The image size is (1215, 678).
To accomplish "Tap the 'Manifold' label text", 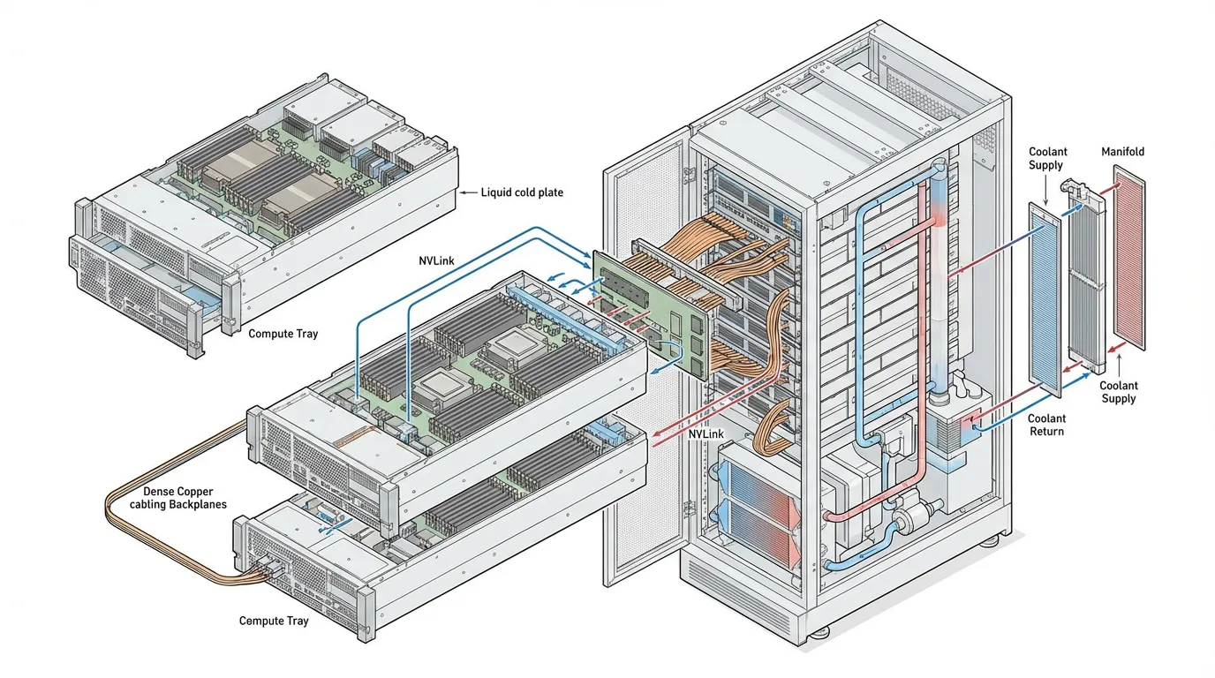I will coord(1122,152).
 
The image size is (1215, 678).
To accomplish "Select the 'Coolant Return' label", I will coord(1046,425).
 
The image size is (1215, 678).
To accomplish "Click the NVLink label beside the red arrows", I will coord(706,434).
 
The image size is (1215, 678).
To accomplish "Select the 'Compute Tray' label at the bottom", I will coord(274,621).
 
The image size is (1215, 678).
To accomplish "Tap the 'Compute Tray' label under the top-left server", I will coord(283,334).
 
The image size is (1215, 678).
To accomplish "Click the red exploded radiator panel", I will coord(1128,260).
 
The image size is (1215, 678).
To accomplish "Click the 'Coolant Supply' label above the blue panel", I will coord(1046,159).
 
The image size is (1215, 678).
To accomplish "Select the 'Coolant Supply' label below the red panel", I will coord(1118,392).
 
